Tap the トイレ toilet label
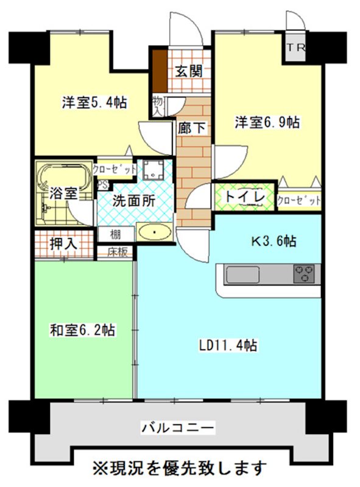(243, 197)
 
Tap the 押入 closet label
(63, 243)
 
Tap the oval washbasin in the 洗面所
(154, 233)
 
